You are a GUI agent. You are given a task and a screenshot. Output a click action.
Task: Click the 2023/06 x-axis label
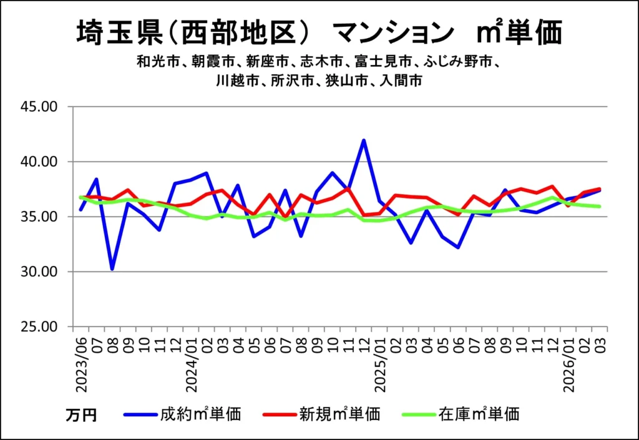pyautogui.click(x=81, y=365)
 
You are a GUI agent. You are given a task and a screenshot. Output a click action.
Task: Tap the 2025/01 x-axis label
pyautogui.click(x=379, y=365)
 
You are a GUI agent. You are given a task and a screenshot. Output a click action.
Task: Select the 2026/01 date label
pyautogui.click(x=569, y=365)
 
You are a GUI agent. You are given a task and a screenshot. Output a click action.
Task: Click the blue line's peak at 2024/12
pyautogui.click(x=364, y=140)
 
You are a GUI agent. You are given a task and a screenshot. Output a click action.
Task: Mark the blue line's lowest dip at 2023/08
pyautogui.click(x=112, y=269)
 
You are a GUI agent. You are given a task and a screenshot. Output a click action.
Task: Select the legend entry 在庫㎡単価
pyautogui.click(x=479, y=413)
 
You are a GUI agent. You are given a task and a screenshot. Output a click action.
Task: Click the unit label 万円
pyautogui.click(x=81, y=415)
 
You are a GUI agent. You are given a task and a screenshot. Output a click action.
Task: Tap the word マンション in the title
pyautogui.click(x=391, y=32)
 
